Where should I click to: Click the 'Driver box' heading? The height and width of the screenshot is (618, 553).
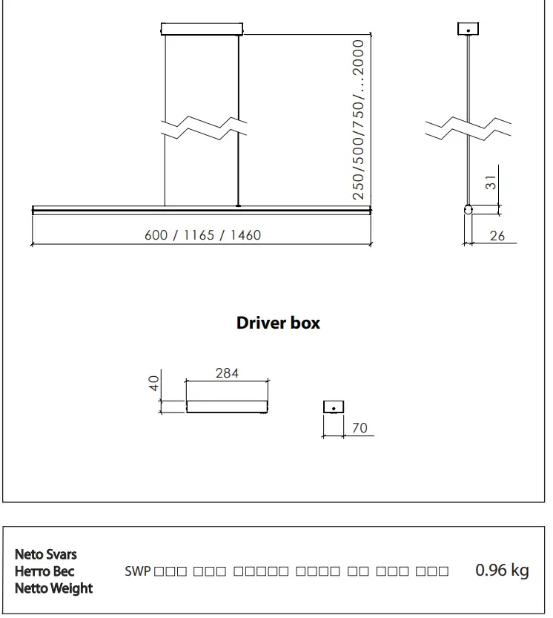(x=278, y=323)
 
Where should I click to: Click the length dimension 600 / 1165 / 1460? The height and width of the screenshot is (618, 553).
(x=202, y=235)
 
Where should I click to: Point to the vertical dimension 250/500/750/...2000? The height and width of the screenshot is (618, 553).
(x=359, y=119)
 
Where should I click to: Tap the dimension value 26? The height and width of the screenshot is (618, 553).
(x=498, y=236)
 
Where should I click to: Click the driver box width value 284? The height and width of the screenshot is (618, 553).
(x=227, y=373)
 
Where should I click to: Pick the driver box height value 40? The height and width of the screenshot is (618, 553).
(x=154, y=384)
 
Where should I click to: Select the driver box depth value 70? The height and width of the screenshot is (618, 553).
(x=360, y=428)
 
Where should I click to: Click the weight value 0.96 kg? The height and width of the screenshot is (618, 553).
(x=502, y=571)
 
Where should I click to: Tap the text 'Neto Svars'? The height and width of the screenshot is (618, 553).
(x=46, y=554)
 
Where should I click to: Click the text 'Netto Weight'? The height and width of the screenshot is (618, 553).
(x=54, y=588)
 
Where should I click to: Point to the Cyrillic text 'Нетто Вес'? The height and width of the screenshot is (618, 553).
(x=44, y=571)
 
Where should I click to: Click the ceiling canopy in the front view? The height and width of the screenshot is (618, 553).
(x=202, y=29)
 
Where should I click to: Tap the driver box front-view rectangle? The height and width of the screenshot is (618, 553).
(x=227, y=407)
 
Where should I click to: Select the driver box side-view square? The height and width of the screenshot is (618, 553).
(x=334, y=407)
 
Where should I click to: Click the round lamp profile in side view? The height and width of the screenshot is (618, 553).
(x=468, y=210)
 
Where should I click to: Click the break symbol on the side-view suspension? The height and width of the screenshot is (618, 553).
(x=468, y=128)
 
